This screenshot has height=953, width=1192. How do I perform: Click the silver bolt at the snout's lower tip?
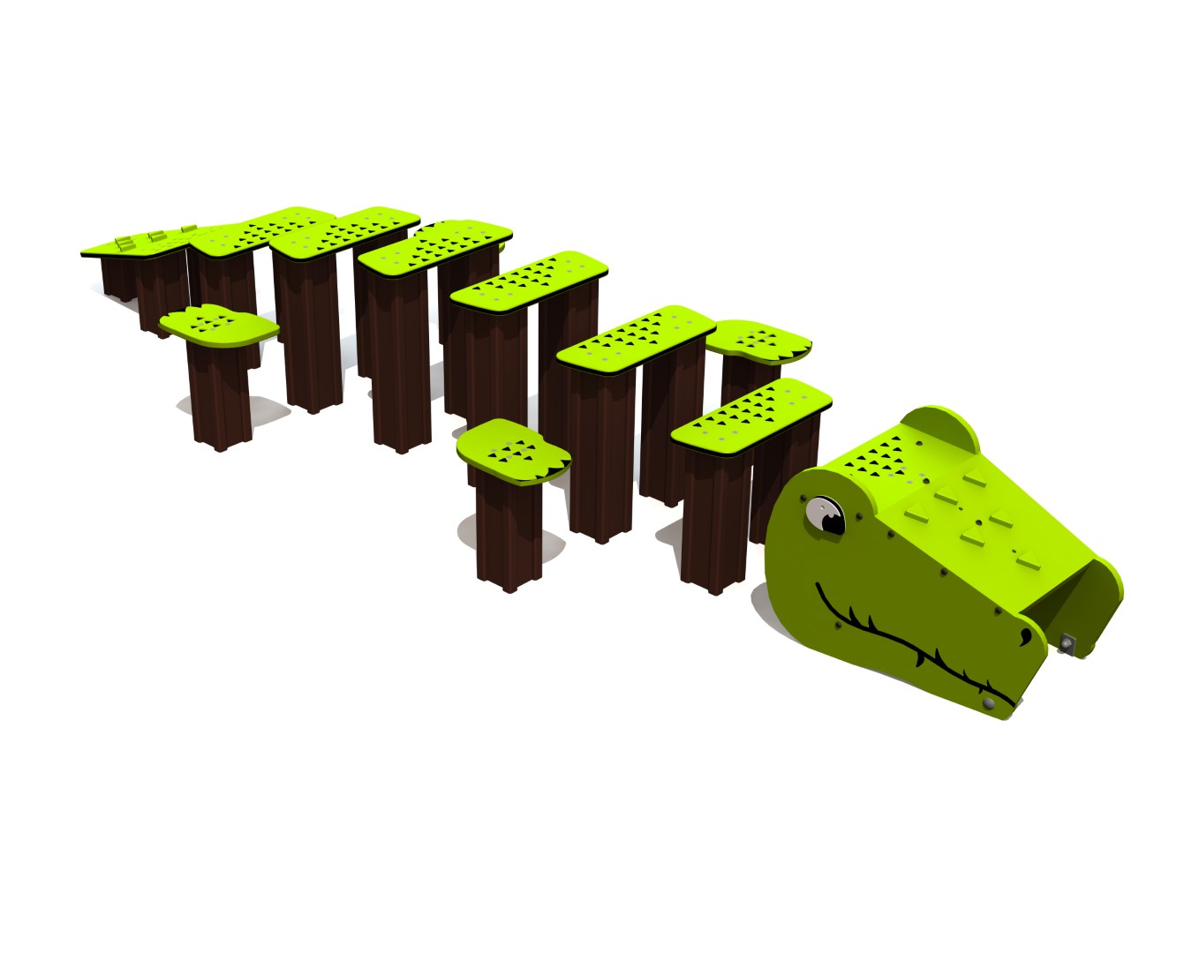(989, 702)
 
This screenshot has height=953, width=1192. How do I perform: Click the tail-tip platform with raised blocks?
(132, 244)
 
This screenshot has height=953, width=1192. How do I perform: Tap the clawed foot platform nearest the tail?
(219, 324)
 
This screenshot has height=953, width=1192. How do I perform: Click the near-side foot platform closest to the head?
(512, 451)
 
